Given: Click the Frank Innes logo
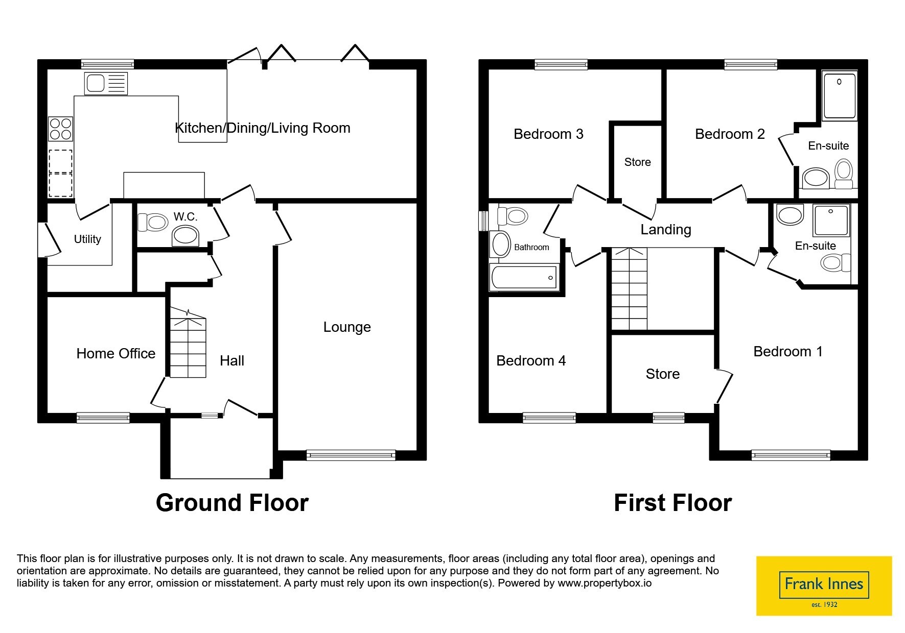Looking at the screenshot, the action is click(824, 586).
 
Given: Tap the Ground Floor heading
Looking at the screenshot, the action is click(232, 503).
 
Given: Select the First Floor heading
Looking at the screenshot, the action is click(672, 503).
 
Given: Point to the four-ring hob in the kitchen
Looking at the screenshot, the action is click(60, 129).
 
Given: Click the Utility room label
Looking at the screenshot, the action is click(87, 239).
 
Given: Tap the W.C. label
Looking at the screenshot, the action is click(185, 217).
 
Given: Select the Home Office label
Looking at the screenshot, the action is click(116, 353).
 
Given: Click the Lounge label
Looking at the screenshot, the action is click(347, 327).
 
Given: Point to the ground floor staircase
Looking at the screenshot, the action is click(188, 343).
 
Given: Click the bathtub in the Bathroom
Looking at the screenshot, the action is click(524, 278).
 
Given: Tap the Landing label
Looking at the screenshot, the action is click(666, 230).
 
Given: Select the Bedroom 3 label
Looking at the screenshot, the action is click(548, 134).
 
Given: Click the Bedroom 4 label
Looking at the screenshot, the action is click(531, 361).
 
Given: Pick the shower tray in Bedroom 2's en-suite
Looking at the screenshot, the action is click(840, 95).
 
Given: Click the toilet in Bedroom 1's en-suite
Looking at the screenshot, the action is click(836, 263).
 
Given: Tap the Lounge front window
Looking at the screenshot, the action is click(351, 455).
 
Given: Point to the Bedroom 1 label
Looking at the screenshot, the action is click(788, 352).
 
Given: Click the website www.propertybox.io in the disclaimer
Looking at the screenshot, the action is click(605, 583).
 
